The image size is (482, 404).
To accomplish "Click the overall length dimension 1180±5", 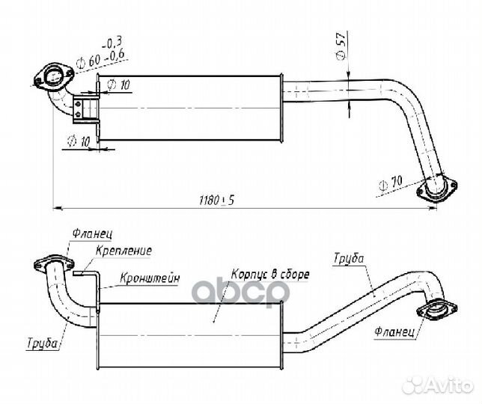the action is point(217,201).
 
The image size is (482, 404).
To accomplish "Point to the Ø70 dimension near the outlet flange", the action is point(391,184).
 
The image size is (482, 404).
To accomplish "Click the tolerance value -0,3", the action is point(112,43).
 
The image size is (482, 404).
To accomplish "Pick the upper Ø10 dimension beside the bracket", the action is point(119,85).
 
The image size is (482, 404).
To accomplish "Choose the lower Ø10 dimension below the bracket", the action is point(79,141).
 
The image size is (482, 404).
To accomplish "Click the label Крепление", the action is point(123,251).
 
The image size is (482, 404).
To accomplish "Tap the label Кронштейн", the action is point(150,278).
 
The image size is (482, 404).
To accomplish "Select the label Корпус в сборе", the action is point(270,274).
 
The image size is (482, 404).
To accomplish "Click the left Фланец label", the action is point(92,234).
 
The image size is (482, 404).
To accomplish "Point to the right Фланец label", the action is point(394,331).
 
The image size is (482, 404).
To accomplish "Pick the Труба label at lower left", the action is point(43,343).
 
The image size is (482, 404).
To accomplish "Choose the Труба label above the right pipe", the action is point(349,258).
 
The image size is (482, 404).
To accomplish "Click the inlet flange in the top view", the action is point(53,77).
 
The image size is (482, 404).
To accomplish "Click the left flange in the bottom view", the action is point(54,264).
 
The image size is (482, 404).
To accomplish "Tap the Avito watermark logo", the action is point(438,385).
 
